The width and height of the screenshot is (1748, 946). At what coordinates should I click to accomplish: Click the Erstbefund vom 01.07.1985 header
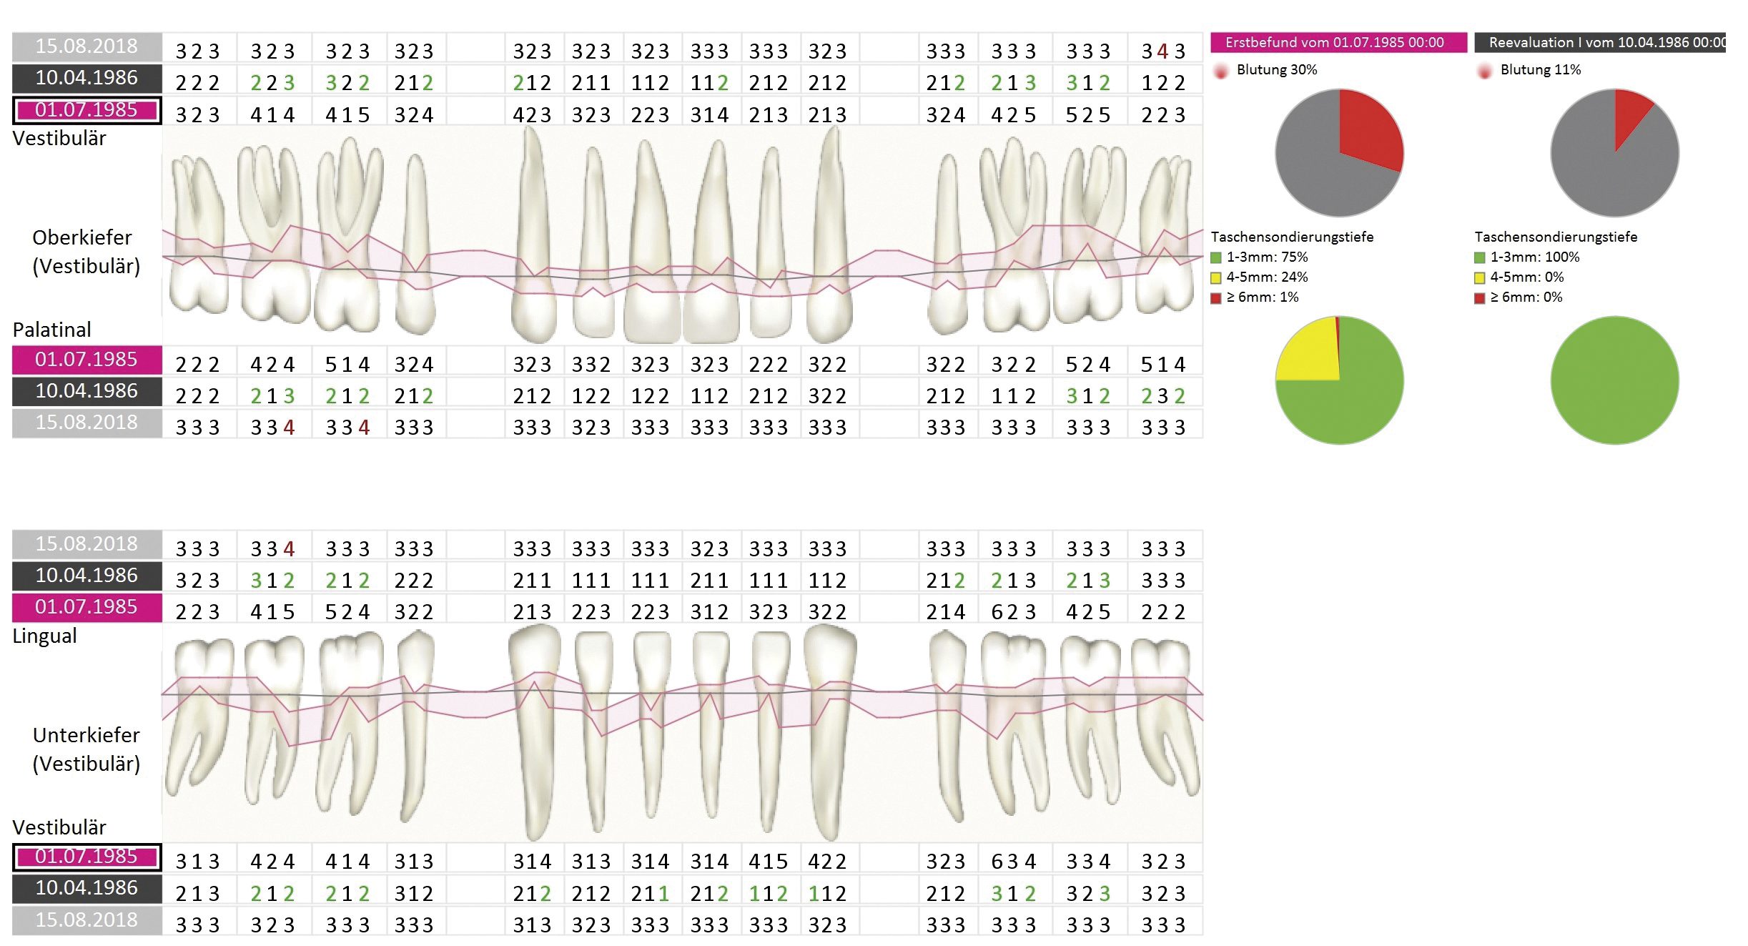point(1334,42)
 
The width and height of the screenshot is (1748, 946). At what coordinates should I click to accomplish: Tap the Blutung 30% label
point(1276,70)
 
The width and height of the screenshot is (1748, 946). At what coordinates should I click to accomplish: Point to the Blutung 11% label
point(1540,70)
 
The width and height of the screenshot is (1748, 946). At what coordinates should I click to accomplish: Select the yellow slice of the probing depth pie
point(1308,354)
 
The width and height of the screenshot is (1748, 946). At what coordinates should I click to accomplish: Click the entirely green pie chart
point(1614,380)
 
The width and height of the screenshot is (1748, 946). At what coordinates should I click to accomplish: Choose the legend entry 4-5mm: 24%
point(1266,277)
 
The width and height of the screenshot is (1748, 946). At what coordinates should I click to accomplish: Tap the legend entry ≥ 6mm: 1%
point(1262,297)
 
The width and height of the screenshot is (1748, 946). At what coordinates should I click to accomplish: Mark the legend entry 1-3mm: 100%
point(1534,257)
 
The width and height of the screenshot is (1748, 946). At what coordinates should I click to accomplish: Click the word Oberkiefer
point(82,237)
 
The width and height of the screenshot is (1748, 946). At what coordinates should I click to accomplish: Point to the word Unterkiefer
point(87,735)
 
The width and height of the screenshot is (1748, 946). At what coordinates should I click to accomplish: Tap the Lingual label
point(44,636)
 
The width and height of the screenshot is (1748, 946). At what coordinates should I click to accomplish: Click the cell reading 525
point(1088,115)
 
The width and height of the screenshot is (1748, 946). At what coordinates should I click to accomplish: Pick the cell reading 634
point(1014,862)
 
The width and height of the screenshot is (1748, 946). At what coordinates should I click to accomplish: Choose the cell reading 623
point(1014,612)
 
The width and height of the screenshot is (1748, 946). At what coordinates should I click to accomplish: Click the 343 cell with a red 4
point(1163,51)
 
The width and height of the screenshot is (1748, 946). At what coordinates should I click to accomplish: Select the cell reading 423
point(532,115)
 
